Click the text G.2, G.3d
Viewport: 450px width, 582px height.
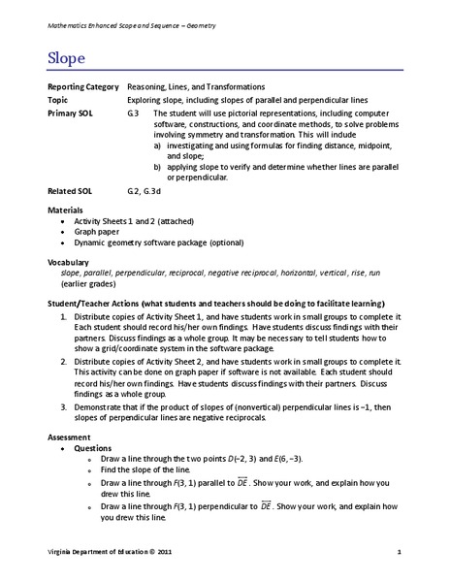146,191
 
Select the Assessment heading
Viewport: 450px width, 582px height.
70,438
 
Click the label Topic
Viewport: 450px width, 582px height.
59,100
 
